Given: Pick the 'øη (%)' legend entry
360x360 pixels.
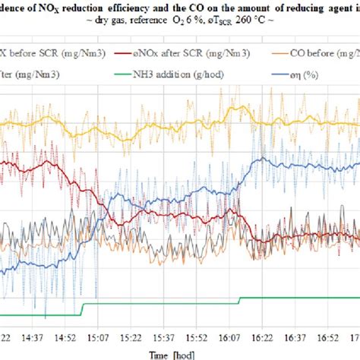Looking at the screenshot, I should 303,75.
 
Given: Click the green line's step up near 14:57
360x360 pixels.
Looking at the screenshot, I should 82,309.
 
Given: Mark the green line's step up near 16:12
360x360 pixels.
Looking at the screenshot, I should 240,301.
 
